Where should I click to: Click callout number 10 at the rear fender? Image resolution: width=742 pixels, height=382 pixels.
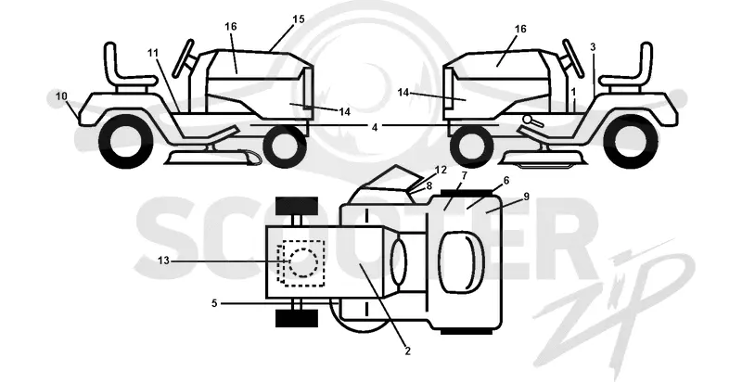click(x=61, y=96)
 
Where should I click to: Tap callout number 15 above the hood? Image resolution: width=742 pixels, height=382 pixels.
click(x=299, y=19)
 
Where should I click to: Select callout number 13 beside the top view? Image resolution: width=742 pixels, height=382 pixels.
click(x=163, y=261)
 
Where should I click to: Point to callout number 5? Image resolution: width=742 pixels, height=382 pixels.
click(x=214, y=303)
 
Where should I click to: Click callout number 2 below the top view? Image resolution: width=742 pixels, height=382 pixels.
click(x=407, y=350)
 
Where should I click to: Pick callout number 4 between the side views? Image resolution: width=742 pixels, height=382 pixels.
click(x=375, y=127)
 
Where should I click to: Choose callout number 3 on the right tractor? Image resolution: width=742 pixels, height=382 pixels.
click(x=593, y=47)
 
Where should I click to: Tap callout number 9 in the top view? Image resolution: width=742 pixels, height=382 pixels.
click(x=527, y=197)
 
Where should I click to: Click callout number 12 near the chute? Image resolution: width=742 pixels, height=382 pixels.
click(x=441, y=171)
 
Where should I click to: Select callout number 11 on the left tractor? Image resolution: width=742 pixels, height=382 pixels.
click(x=152, y=53)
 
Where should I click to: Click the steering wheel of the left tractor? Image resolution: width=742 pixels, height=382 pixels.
click(x=183, y=57)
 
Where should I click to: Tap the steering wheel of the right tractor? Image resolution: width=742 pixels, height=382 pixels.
click(x=573, y=57)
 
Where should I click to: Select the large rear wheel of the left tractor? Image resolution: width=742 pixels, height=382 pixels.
click(x=126, y=141)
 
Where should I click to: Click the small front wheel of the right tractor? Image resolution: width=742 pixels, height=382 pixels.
click(x=470, y=145)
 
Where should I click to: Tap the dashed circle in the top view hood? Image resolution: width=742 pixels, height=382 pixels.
click(x=303, y=262)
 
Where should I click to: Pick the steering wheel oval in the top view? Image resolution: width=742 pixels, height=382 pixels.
click(x=399, y=262)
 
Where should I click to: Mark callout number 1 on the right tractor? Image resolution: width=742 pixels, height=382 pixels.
click(x=573, y=91)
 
